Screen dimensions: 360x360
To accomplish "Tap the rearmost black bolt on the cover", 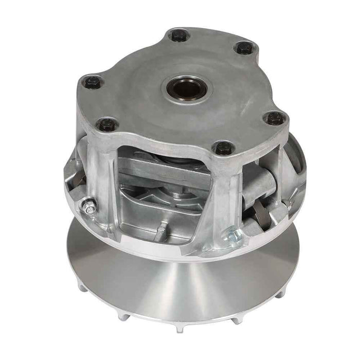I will [178, 36].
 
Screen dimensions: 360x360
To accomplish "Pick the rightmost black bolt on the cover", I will [275, 118].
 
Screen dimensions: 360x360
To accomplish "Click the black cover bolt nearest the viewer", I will [224, 148].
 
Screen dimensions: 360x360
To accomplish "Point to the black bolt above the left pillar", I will [107, 124].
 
